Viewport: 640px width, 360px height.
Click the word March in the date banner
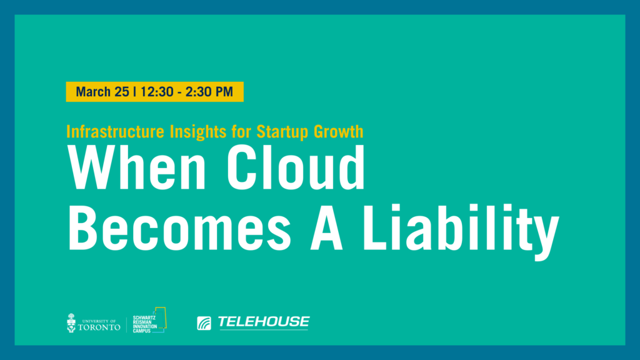94,91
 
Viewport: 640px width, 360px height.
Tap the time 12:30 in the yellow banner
157,91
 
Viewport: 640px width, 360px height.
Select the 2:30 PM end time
209,91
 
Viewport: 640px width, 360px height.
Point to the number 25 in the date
122,91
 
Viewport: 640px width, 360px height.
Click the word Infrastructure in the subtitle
115,132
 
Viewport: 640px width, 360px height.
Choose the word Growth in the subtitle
338,132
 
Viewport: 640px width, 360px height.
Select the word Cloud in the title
296,167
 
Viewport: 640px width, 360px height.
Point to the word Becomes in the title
179,227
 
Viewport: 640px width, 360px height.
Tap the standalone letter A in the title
326,227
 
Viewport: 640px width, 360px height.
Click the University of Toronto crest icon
71,323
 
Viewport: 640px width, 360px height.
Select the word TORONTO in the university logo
99,327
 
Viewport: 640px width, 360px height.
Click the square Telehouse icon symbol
204,323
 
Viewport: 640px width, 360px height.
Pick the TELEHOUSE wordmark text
264,322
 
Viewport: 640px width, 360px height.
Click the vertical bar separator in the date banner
135,91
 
